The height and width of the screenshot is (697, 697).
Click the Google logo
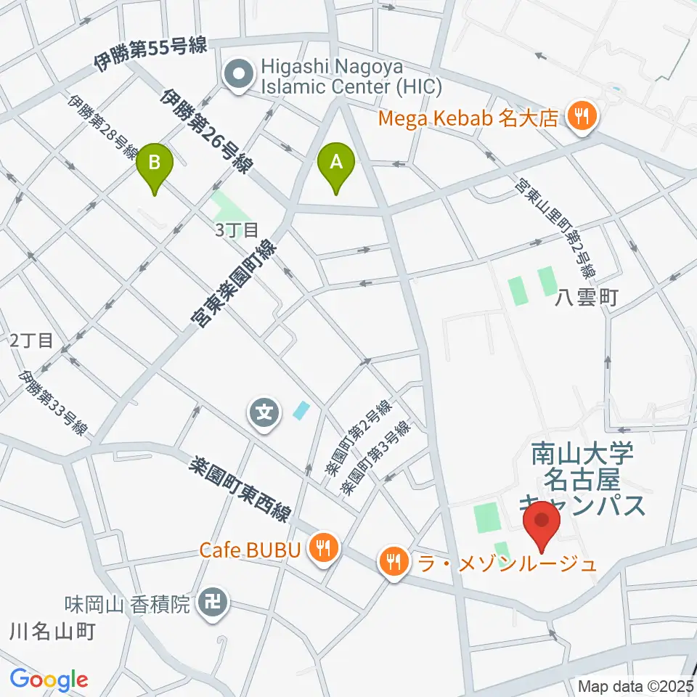(x=49, y=680)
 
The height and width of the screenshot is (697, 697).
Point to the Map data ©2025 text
(x=635, y=685)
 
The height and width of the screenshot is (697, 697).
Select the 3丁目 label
(x=237, y=230)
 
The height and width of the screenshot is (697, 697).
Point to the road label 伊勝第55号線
(x=151, y=57)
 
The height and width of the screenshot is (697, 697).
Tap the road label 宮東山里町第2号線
(x=555, y=229)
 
